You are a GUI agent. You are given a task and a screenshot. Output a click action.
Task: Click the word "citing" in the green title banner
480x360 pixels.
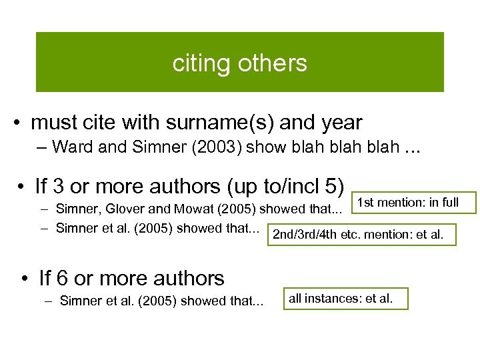coord(199,63)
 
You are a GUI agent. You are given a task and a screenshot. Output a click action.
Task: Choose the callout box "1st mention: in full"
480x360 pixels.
coord(408,203)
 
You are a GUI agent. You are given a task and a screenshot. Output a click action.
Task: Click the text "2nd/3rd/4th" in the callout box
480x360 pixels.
coord(301,235)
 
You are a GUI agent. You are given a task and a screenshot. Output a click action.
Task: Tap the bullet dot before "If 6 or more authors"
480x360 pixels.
coord(24,278)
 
